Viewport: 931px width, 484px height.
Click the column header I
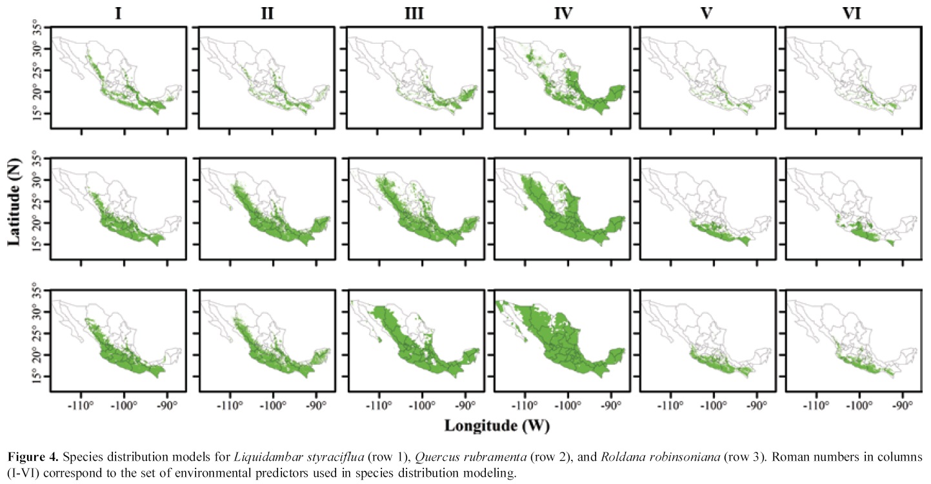click(x=118, y=14)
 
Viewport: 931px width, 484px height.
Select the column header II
click(x=266, y=14)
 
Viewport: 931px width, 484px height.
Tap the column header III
click(x=413, y=14)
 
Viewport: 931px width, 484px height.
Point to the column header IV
click(x=561, y=14)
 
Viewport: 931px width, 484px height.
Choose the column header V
click(x=706, y=14)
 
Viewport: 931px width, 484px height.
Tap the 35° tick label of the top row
click(x=41, y=28)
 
